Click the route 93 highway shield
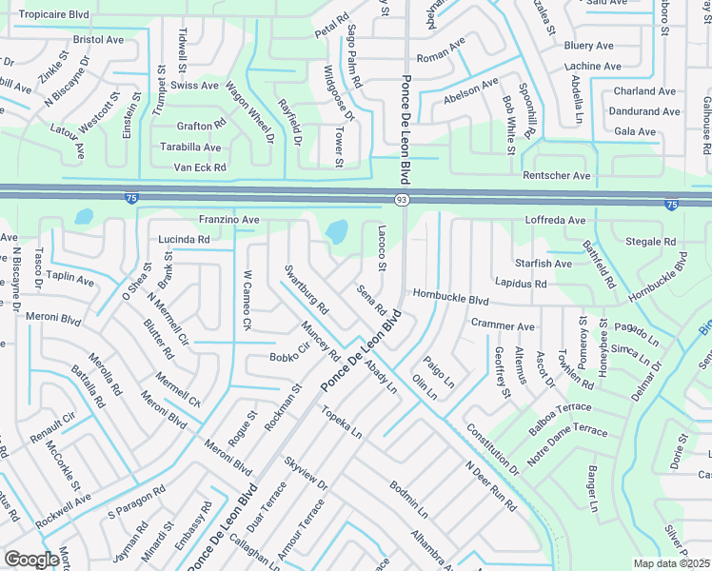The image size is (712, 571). click(x=403, y=198)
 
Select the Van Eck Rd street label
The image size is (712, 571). click(x=200, y=167)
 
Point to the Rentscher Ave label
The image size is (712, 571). click(x=557, y=176)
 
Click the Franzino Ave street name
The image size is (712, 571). click(x=228, y=220)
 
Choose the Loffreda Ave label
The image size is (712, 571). click(x=555, y=221)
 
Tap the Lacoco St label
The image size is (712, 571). click(x=381, y=247)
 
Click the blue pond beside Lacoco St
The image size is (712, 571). click(x=336, y=231)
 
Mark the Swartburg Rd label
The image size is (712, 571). click(x=306, y=289)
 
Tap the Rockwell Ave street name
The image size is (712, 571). click(x=64, y=512)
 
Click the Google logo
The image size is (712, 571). click(x=31, y=560)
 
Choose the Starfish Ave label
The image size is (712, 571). click(x=544, y=264)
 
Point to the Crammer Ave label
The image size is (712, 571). click(x=503, y=325)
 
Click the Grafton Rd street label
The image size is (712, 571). click(x=201, y=126)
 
